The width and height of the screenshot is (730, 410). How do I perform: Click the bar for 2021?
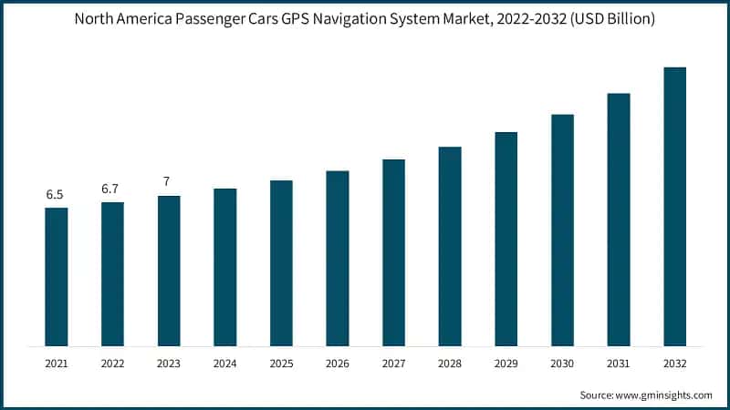pos(57,277)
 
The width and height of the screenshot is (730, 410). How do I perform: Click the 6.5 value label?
pos(57,195)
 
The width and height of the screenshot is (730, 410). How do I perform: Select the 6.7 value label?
pos(112,189)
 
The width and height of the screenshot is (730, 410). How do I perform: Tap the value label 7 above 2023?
pos(166,181)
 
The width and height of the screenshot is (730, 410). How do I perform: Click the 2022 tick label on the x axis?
pos(112,363)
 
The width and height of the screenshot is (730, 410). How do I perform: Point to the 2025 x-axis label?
pos(281,363)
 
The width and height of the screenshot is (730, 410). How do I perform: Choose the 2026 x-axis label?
pos(338,363)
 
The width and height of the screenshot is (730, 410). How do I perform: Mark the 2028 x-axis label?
pos(450,363)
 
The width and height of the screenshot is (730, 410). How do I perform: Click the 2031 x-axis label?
pos(619,363)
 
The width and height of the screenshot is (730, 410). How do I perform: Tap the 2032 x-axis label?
pos(674,363)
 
